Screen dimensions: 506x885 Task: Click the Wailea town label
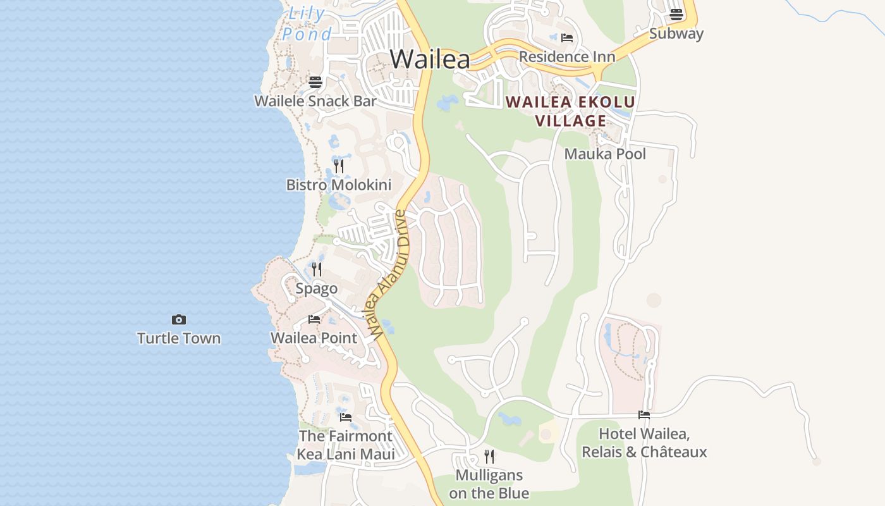pyautogui.click(x=430, y=59)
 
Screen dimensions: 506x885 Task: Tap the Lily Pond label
pyautogui.click(x=307, y=24)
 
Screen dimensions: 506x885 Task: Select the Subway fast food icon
pyautogui.click(x=676, y=14)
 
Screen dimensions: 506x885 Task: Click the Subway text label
pyautogui.click(x=676, y=34)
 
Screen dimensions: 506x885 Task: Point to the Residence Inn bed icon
pyautogui.click(x=567, y=37)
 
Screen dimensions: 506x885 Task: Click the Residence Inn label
pyautogui.click(x=567, y=57)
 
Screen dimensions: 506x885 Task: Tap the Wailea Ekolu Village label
pyautogui.click(x=571, y=111)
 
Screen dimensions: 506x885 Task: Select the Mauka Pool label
pyautogui.click(x=605, y=154)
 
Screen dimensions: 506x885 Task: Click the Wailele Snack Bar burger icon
pyautogui.click(x=315, y=82)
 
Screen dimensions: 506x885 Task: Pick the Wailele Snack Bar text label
pyautogui.click(x=315, y=101)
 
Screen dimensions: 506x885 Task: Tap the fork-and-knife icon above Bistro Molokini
pyautogui.click(x=339, y=166)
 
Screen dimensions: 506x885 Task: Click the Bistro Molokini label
pyautogui.click(x=339, y=185)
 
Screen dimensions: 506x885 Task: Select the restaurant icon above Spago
pyautogui.click(x=317, y=269)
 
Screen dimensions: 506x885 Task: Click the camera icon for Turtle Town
pyautogui.click(x=179, y=320)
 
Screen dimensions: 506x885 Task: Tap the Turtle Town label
pyautogui.click(x=179, y=338)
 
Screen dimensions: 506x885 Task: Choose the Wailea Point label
pyautogui.click(x=314, y=338)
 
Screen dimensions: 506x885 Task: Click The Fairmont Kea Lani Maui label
pyautogui.click(x=346, y=445)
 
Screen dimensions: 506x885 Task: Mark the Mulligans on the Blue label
pyautogui.click(x=489, y=484)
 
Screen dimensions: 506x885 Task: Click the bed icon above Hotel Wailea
pyautogui.click(x=644, y=415)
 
